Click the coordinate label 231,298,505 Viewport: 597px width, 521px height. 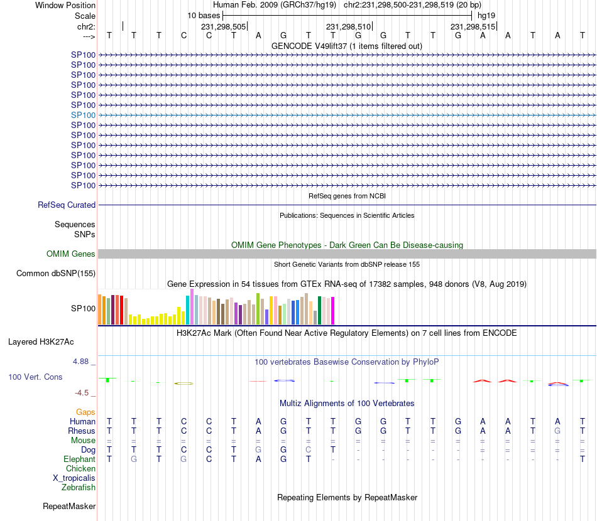tap(224, 27)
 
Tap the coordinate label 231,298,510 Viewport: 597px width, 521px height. tap(348, 27)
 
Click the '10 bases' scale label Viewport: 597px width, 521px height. tap(204, 14)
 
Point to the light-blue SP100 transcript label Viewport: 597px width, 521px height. tap(83, 115)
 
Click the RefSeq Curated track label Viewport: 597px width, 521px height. tap(67, 205)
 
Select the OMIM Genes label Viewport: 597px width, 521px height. tap(71, 254)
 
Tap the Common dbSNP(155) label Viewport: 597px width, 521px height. tap(56, 274)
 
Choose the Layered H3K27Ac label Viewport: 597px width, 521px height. tap(41, 342)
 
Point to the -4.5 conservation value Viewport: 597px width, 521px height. tap(83, 393)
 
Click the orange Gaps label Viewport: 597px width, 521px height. tap(85, 412)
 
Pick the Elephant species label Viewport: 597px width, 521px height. tap(79, 459)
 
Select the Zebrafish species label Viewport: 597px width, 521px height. tap(79, 487)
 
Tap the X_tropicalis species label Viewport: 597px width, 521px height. tap(74, 478)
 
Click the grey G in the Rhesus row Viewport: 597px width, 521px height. tap(557, 431)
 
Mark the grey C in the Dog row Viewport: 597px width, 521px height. tap(308, 450)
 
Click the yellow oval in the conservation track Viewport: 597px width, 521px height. tap(183, 383)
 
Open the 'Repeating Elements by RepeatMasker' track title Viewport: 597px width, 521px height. tap(348, 498)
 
